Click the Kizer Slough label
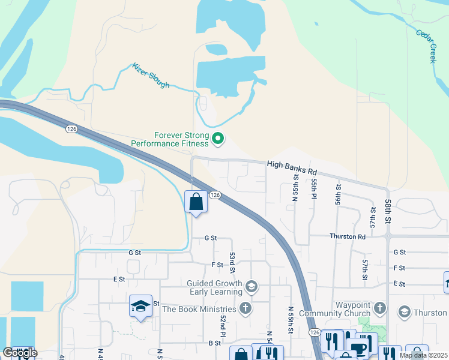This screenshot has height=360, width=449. point(151,76)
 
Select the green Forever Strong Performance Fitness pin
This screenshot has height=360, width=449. point(218,140)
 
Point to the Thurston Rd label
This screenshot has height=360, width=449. point(347,236)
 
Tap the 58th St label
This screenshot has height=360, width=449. point(388,213)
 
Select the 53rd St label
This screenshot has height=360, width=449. point(232,262)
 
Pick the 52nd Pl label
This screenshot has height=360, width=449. point(222,326)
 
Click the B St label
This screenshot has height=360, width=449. point(215,343)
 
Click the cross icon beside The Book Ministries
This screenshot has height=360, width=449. point(245,309)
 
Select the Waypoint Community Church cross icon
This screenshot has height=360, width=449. point(379,309)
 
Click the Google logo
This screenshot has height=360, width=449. point(20,353)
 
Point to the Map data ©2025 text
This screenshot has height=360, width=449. point(423,355)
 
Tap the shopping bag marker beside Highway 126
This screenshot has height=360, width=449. point(196,202)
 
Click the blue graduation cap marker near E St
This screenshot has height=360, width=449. point(140,307)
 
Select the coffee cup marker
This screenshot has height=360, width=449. point(359,349)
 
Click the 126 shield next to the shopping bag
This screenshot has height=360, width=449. point(216,196)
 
